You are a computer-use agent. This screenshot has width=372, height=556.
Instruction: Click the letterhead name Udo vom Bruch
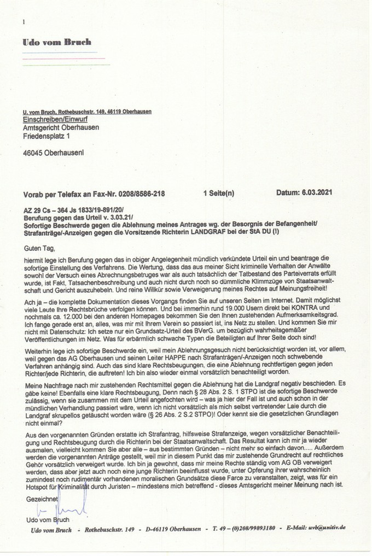[x=57, y=42]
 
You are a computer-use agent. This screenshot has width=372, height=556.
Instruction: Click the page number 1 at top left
[x=25, y=22]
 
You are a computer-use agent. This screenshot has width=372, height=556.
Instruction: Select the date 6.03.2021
[x=314, y=193]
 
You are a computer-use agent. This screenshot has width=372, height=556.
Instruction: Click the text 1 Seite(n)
[x=218, y=194]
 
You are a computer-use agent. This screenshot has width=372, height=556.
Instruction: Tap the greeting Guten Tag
[x=38, y=248]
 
